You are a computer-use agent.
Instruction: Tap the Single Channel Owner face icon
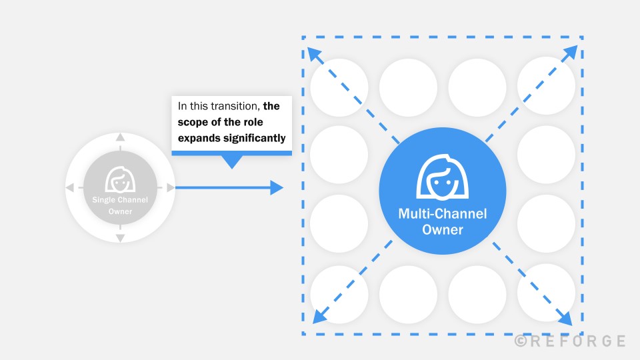[x=120, y=178]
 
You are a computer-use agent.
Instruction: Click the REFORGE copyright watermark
[x=570, y=341]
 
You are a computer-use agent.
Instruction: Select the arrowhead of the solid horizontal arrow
[x=277, y=188]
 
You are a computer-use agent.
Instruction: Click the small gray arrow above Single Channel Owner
[x=120, y=137]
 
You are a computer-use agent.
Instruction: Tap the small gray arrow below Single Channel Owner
[x=120, y=238]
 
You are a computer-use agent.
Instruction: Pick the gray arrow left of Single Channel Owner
[x=70, y=188]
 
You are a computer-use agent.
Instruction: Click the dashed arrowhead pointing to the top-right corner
[x=572, y=53]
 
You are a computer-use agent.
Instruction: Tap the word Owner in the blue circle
[x=443, y=229]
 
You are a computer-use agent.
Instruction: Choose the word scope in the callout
[x=191, y=122]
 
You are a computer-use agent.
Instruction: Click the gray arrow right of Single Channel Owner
[x=170, y=188]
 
